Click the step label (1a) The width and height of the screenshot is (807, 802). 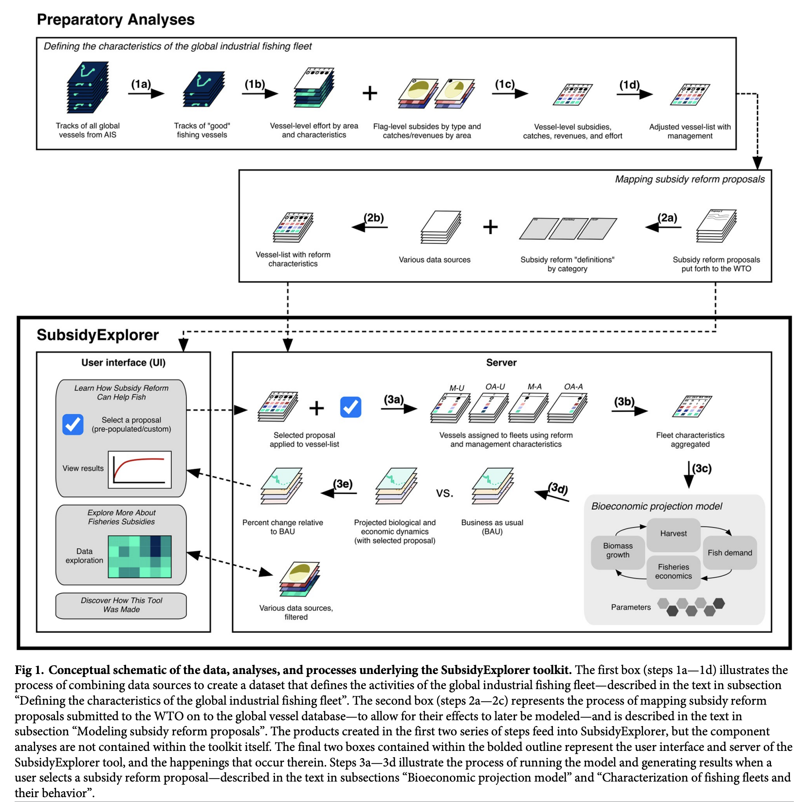141,84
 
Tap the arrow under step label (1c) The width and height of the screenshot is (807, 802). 510,93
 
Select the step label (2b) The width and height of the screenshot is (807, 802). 374,218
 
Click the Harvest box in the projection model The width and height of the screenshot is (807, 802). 673,533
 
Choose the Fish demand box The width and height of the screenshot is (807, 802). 730,553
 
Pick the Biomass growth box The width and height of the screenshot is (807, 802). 618,550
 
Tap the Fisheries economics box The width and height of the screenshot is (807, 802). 673,571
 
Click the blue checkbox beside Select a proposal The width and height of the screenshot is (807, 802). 73,424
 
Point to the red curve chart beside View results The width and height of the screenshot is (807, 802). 140,470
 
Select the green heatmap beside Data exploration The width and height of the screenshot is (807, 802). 140,557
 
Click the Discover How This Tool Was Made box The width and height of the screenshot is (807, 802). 121,605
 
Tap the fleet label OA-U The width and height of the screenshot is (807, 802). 495,386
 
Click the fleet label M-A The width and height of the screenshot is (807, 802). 534,386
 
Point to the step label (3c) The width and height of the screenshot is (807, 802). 702,468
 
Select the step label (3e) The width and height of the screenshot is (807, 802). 343,484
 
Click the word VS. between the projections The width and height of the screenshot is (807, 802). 444,493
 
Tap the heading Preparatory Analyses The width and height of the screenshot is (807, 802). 116,19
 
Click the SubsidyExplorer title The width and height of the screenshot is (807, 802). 98,335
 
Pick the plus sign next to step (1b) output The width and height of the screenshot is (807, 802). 370,93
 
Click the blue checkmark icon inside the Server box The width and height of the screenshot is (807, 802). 350,407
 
